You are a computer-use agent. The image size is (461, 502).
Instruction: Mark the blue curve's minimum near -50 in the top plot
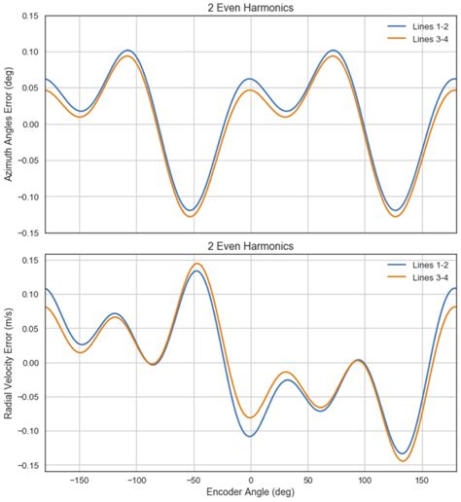[195, 209]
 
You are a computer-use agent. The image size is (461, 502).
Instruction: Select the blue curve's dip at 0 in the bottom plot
[250, 436]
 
